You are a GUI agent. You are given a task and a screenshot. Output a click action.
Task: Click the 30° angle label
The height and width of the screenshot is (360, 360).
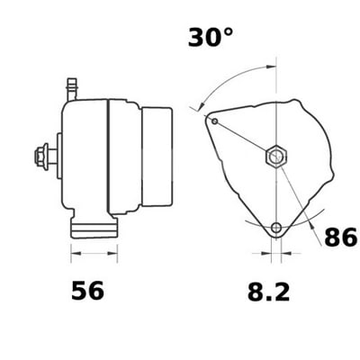point(211,38)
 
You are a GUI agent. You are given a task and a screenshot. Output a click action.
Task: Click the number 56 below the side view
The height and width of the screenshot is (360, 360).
point(87,291)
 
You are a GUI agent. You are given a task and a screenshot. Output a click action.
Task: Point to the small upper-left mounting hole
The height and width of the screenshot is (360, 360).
point(214,120)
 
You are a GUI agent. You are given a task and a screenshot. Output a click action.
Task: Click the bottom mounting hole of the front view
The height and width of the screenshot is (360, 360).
point(276,227)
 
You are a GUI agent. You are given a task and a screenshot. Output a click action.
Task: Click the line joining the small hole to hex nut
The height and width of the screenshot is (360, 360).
point(243,138)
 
